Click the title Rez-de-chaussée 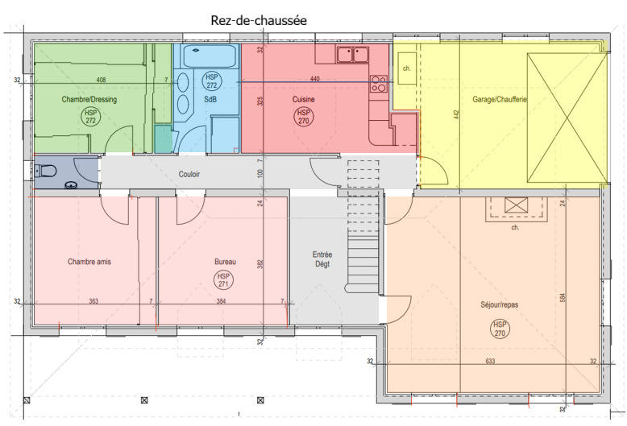point(258,19)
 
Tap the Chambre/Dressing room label point(89,100)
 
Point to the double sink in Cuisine point(353,54)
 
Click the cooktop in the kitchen point(378,83)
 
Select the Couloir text point(189,173)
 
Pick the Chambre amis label point(89,262)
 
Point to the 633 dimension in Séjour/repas point(489,362)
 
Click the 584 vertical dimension point(562,298)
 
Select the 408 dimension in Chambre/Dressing point(101,80)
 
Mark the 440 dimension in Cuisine point(314,80)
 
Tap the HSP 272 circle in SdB point(212,81)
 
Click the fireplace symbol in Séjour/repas point(515,205)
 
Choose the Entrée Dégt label point(322,258)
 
